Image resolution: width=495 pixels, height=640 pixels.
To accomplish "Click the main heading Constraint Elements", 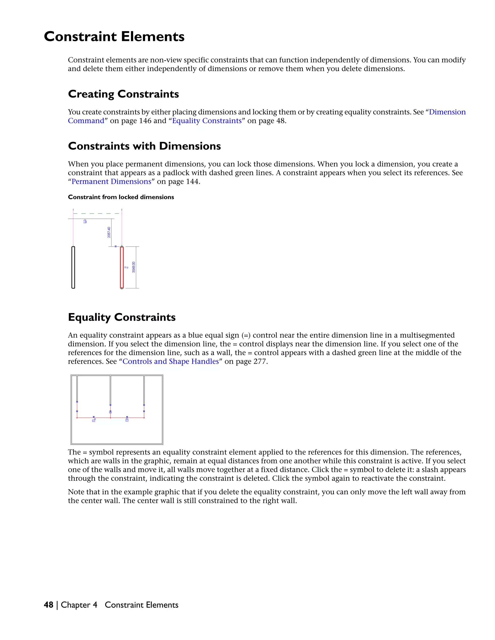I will (114, 37).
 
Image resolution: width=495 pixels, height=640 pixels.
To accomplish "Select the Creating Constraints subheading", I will (123, 94).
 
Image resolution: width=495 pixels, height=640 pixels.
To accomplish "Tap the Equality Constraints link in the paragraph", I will (207, 121).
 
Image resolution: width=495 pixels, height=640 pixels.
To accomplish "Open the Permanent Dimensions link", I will (111, 181).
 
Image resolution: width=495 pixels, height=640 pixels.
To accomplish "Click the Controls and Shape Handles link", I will (170, 361).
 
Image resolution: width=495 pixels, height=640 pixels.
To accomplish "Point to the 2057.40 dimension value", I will (109, 232).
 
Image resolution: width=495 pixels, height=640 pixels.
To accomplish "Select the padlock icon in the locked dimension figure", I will (85, 221).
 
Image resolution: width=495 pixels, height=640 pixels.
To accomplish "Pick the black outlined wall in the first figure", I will (73, 267).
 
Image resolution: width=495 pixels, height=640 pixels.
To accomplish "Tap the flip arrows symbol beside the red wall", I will (126, 267).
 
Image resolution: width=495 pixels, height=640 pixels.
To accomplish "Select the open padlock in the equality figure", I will (94, 420).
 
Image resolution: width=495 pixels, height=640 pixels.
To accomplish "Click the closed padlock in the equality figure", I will (127, 420).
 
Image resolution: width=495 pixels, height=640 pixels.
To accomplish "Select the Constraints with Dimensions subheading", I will (144, 146).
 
